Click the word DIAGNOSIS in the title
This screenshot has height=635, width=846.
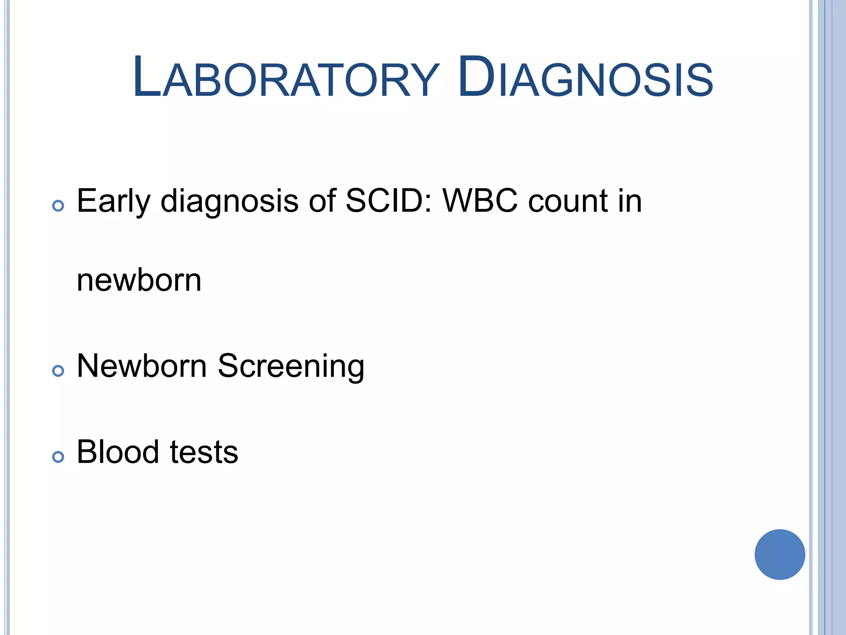coord(585,78)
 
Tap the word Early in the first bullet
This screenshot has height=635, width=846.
coord(114,202)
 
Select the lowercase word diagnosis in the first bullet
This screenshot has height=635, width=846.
coord(229,202)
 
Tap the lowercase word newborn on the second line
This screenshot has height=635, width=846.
coord(139,280)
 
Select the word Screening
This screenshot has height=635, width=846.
coord(291,367)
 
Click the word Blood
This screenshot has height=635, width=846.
coord(118,452)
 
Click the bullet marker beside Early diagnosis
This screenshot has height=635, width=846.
coord(58,206)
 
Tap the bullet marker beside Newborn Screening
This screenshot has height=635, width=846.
coord(58,371)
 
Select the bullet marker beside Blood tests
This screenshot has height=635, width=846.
coord(58,457)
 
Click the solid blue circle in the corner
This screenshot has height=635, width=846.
coord(779,554)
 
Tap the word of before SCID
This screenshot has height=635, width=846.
coord(322,201)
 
